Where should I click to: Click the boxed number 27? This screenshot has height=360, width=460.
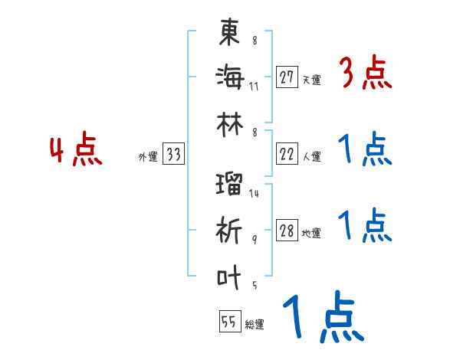[x=287, y=77]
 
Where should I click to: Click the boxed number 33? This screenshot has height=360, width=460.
[x=173, y=155]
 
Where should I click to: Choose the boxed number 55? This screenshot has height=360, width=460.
[x=228, y=322]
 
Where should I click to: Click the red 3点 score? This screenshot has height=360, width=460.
[x=365, y=74]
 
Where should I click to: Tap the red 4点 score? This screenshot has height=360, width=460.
[x=77, y=150]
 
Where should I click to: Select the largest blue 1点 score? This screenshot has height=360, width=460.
[x=322, y=319]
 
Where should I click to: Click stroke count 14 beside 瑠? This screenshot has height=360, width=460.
[x=254, y=194]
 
